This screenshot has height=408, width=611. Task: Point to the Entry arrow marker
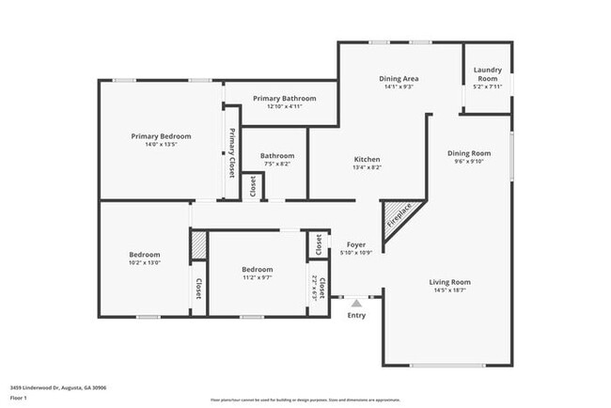point(355,303)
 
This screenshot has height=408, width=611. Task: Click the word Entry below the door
point(356,315)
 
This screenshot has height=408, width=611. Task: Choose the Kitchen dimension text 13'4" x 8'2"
point(367,168)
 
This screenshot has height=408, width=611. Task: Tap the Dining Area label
point(399,79)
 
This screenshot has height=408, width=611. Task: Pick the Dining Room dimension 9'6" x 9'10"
point(469,161)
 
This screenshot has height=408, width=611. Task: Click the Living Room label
point(450,282)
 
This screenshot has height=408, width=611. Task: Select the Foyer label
point(356,244)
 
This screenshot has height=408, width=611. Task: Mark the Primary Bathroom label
point(285,98)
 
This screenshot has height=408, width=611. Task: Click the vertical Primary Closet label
point(232,153)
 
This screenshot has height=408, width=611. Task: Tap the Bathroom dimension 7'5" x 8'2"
point(276,165)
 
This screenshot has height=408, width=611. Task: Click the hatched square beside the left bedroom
point(199,245)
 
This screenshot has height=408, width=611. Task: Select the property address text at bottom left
point(58,387)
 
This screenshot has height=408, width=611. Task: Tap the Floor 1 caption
point(18,399)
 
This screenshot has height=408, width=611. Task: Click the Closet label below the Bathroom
point(253,187)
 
